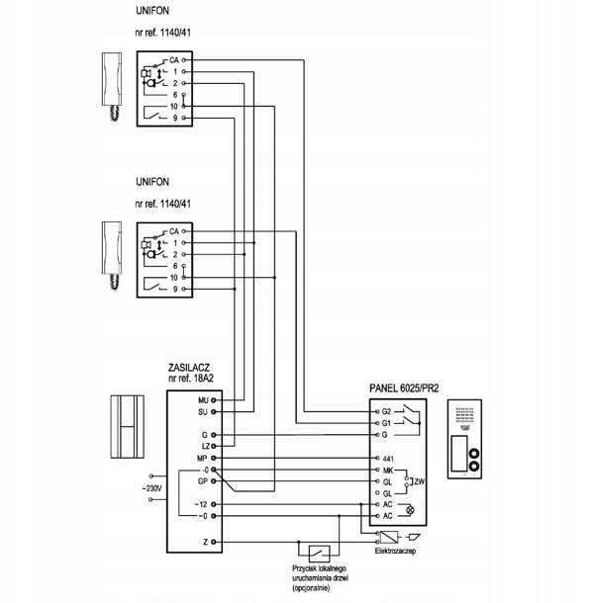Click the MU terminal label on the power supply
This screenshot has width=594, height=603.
(203, 400)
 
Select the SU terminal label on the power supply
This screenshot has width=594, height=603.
(203, 412)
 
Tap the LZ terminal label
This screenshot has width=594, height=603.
(206, 446)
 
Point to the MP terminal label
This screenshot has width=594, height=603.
(202, 458)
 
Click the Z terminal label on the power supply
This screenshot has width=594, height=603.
(205, 542)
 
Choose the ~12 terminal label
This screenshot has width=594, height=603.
(201, 504)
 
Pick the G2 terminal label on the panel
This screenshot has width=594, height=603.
(386, 411)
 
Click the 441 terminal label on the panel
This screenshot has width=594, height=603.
(388, 459)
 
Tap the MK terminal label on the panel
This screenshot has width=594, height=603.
(387, 470)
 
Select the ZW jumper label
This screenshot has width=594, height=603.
(419, 481)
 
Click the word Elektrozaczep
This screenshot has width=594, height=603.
(395, 551)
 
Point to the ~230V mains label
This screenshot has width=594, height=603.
(151, 488)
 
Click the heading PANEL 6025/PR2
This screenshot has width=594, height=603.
(404, 388)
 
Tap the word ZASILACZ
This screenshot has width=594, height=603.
(189, 368)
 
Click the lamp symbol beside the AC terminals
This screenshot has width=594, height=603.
(411, 510)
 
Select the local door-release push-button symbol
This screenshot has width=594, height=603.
(320, 554)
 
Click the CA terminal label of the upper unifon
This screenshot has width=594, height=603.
(174, 60)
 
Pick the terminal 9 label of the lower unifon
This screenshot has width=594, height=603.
(175, 289)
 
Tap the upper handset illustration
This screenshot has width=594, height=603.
(112, 87)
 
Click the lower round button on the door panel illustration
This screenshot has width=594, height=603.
(473, 467)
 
